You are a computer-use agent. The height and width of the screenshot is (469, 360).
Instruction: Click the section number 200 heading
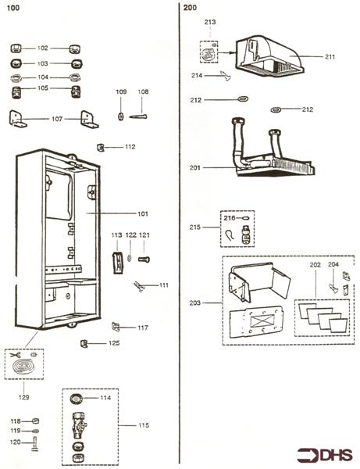190,7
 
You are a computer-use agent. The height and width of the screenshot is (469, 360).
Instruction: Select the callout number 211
330,56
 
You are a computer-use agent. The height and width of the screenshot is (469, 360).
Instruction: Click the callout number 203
196,303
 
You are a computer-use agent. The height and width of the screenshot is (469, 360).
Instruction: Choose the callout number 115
143,425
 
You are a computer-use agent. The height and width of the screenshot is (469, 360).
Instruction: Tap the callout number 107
57,119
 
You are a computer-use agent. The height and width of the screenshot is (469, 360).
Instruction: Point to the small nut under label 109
121,116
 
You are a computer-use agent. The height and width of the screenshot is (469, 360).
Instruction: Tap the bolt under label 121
143,260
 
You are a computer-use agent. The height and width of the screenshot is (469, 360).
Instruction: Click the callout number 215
196,227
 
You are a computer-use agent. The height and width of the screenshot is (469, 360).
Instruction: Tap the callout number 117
143,328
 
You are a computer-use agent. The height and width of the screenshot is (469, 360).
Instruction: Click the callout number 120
15,442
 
